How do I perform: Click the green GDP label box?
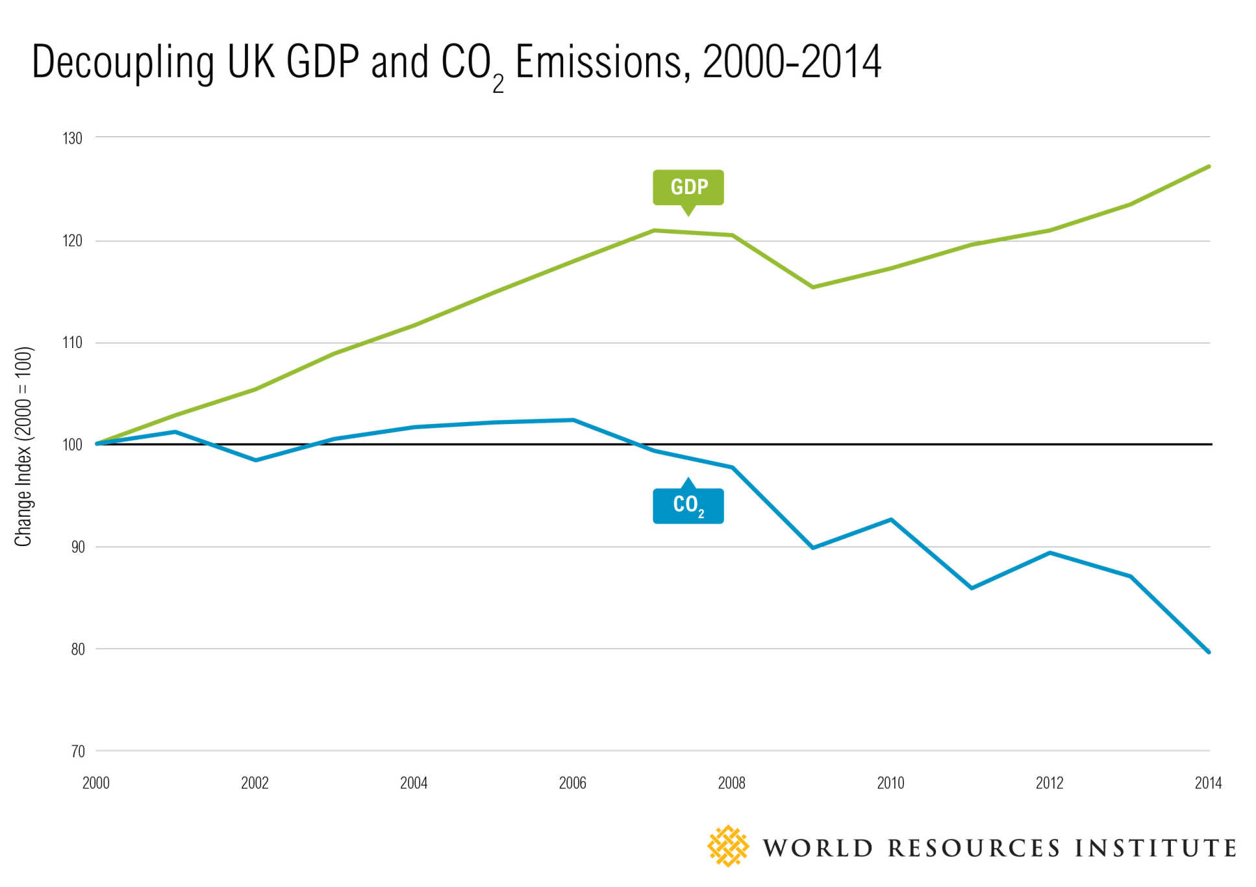click(x=688, y=187)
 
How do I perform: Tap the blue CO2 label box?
click(x=688, y=505)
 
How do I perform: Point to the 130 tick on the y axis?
click(x=73, y=138)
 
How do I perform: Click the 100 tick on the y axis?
click(x=73, y=445)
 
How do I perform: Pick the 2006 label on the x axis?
click(x=572, y=783)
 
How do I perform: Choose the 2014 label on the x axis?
click(x=1207, y=783)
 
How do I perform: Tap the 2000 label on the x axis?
click(x=96, y=783)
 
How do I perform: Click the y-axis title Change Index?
click(x=23, y=447)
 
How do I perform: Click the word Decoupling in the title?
click(x=123, y=63)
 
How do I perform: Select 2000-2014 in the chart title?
click(x=792, y=63)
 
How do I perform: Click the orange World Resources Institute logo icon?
click(x=727, y=846)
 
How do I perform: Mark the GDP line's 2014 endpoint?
click(x=1208, y=167)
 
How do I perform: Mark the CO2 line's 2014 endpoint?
click(x=1208, y=651)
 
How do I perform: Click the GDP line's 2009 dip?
click(x=812, y=287)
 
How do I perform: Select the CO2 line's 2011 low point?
click(x=972, y=588)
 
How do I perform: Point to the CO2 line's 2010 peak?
click(x=891, y=519)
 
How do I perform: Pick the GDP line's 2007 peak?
click(x=654, y=231)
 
